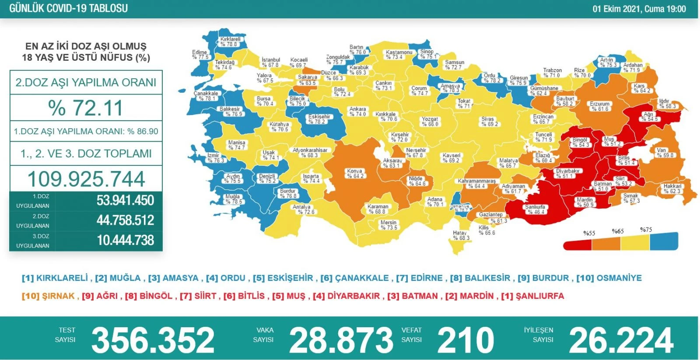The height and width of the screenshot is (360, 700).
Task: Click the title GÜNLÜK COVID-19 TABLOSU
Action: [x=69, y=8]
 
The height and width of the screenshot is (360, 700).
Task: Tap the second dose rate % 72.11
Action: [x=86, y=108]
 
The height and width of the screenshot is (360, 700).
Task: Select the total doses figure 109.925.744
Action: [x=86, y=179]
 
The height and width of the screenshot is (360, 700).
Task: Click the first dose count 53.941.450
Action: [x=125, y=200]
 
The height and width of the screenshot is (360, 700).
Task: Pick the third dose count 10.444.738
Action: [x=125, y=240]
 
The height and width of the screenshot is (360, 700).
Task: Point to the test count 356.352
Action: [x=153, y=340]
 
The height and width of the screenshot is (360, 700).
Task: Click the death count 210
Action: [x=465, y=340]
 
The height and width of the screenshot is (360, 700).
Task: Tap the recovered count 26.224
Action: [x=621, y=340]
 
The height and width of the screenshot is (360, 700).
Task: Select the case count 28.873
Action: [x=341, y=340]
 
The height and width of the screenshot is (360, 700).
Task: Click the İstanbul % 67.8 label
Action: [x=271, y=62]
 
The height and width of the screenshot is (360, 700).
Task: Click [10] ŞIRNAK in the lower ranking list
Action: [x=48, y=296]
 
